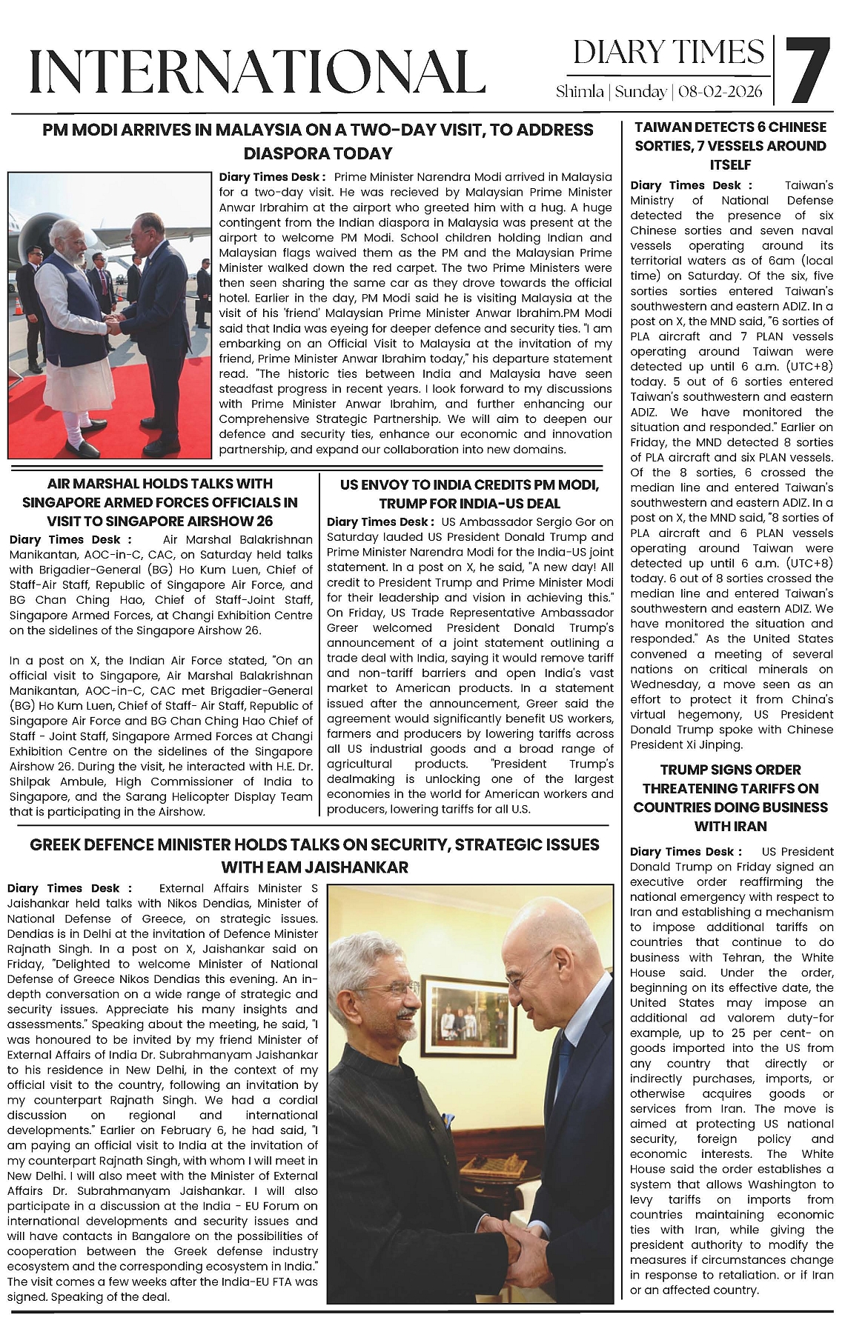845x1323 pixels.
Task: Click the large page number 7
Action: coord(808,71)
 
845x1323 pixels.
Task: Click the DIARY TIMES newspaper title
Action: coord(668,52)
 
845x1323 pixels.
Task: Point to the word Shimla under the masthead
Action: coord(580,92)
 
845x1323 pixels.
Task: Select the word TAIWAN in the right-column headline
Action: coord(663,127)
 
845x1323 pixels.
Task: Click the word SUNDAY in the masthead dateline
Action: coord(640,92)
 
